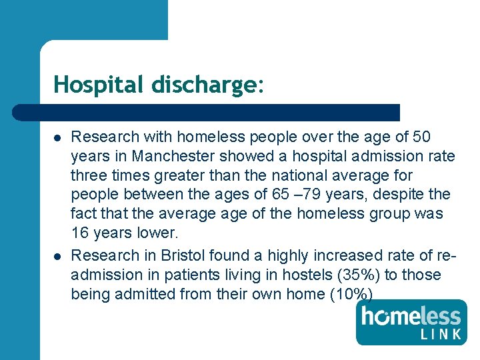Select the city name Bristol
point(181,255)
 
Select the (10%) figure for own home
point(351,294)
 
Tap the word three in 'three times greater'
point(91,175)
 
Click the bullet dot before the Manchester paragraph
point(57,137)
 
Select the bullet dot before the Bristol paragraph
point(57,256)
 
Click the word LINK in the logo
point(441,333)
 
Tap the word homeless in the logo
point(411,315)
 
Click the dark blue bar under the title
point(207,112)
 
